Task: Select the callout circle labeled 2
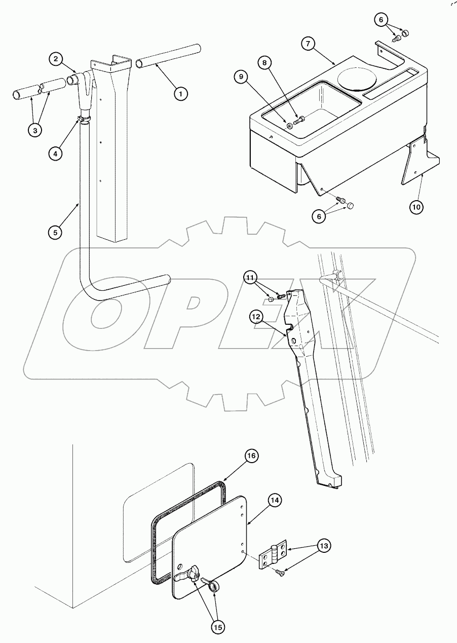tap(56, 59)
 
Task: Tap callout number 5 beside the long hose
tap(56, 233)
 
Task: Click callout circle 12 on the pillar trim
tap(256, 317)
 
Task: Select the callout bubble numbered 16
tap(251, 456)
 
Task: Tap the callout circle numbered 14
tap(274, 500)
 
